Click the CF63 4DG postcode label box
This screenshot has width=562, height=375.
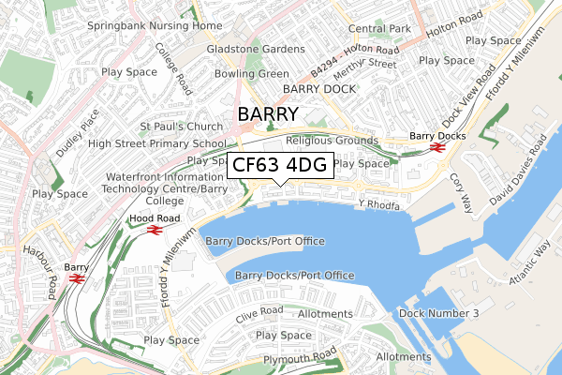(279, 165)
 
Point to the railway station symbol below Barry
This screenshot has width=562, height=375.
(77, 277)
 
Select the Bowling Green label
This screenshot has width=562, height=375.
(252, 73)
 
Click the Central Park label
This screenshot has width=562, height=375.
(379, 29)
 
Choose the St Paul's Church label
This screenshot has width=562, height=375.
(182, 126)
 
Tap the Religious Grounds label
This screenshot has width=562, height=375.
(339, 140)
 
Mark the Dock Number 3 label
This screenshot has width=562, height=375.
(438, 312)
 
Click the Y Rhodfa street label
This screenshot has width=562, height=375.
(379, 205)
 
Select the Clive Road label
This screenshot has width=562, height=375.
(259, 310)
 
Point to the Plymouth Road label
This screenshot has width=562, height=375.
(300, 357)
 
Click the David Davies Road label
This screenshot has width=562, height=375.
(515, 171)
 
